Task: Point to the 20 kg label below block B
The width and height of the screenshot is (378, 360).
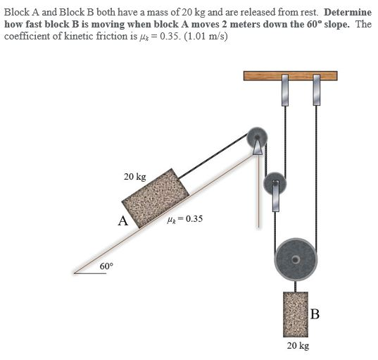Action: pos(298,346)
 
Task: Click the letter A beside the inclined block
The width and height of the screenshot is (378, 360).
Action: pos(122,221)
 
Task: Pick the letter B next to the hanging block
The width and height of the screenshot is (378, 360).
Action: pos(315,314)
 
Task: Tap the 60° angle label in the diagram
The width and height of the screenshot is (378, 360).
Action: pos(106,266)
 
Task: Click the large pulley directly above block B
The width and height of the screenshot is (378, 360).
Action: pos(296,259)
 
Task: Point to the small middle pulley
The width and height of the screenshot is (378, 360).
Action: pos(273,185)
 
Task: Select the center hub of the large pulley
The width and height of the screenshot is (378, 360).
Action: pos(296,259)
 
